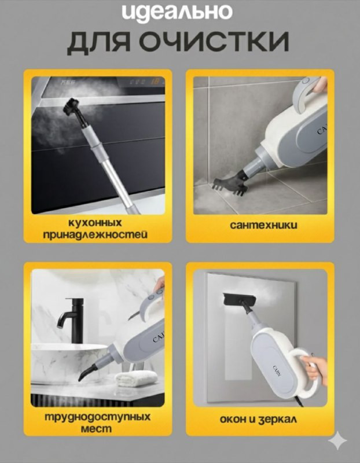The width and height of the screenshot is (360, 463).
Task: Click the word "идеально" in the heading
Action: point(177,13)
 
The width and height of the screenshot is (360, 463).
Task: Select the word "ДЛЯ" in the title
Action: point(98,43)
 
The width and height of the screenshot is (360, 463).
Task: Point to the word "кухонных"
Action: point(95,222)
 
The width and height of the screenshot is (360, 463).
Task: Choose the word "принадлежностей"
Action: point(95,235)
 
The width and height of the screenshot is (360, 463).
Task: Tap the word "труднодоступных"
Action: point(97,417)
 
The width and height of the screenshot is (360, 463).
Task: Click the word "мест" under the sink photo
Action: point(96,428)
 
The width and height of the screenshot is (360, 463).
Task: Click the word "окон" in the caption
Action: point(233,420)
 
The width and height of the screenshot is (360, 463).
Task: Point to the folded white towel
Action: point(135,379)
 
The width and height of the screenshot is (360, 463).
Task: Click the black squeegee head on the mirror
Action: point(239,300)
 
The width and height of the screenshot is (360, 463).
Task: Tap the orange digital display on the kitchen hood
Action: point(155,81)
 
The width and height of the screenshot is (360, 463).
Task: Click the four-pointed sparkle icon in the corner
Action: point(338,440)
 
